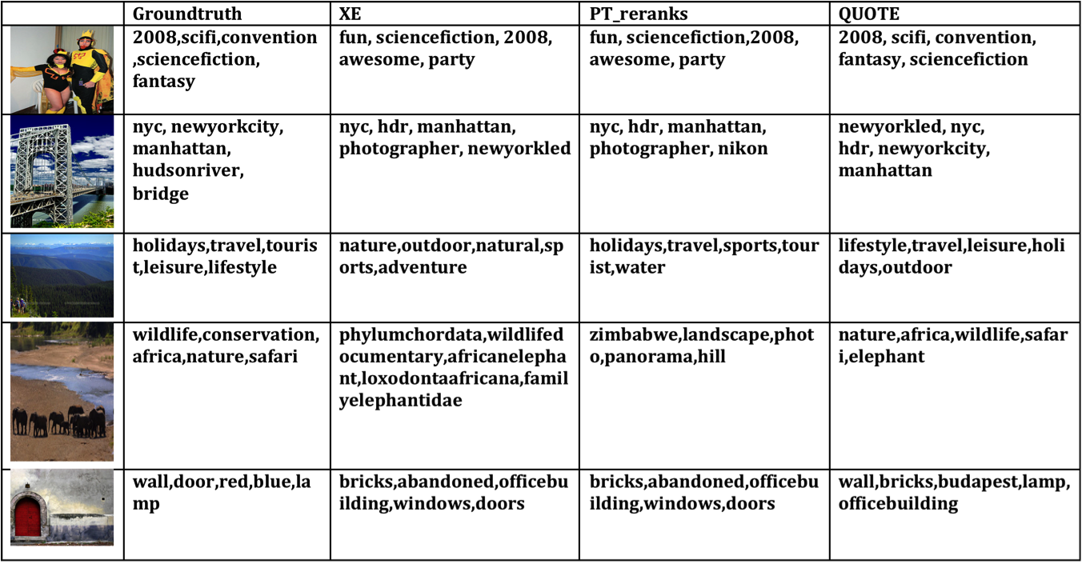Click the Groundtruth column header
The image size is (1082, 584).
click(186, 14)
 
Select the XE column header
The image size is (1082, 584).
click(351, 14)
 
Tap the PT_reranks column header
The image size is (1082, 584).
click(638, 14)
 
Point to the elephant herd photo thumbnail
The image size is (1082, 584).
click(62, 393)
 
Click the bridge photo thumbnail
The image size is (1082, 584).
click(62, 174)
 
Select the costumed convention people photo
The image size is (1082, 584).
click(62, 70)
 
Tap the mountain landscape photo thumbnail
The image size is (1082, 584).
click(62, 277)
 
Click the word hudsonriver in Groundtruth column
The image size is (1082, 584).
click(188, 171)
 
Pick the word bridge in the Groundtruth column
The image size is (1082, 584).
click(161, 194)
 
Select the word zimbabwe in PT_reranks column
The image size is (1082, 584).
click(631, 334)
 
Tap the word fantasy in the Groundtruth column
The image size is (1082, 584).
click(164, 81)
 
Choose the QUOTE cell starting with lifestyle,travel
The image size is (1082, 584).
click(952, 256)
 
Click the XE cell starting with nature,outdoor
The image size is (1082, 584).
click(451, 256)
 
